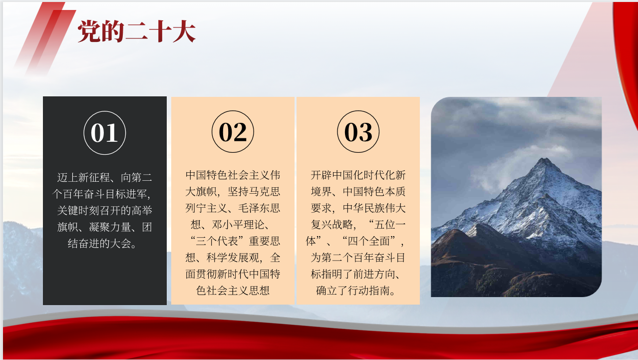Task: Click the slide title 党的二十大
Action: pyautogui.click(x=136, y=31)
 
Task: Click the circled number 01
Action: pyautogui.click(x=104, y=133)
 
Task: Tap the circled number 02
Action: pyautogui.click(x=233, y=132)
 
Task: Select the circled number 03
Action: pyautogui.click(x=358, y=132)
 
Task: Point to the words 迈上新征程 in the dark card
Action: pyautogui.click(x=83, y=177)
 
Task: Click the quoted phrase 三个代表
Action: pyautogui.click(x=217, y=241)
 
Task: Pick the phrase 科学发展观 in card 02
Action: pyautogui.click(x=233, y=258)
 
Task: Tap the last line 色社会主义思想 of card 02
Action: pyautogui.click(x=233, y=291)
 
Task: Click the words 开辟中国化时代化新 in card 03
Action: pyautogui.click(x=358, y=175)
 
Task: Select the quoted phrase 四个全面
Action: pyautogui.click(x=368, y=241)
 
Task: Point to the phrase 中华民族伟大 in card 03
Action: pyautogui.click(x=374, y=208)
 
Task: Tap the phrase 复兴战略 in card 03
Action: pyautogui.click(x=332, y=225)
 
